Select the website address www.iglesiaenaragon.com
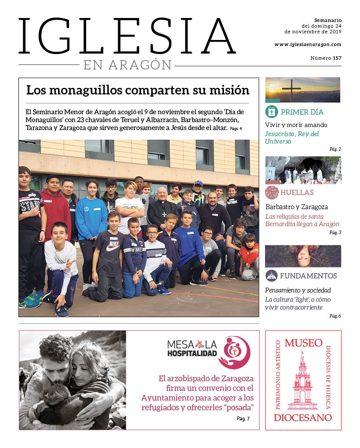point(308,44)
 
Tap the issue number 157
point(337,58)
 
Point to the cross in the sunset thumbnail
point(291,89)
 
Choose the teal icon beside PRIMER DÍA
point(272,112)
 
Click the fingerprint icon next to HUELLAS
point(272,192)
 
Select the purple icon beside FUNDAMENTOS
point(272,276)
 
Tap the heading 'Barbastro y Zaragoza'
point(297,207)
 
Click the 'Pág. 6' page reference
point(335,316)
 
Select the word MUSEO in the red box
point(303,343)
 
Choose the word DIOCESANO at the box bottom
point(303,417)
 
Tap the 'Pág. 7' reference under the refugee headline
point(243,419)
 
